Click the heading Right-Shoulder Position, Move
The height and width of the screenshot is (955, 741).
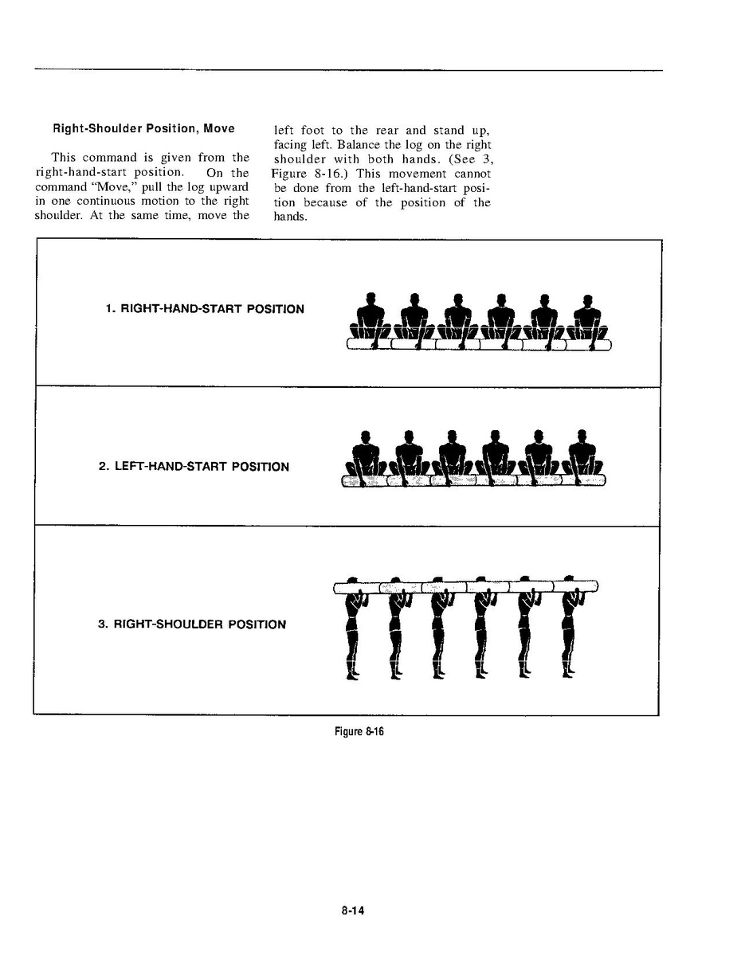click(143, 128)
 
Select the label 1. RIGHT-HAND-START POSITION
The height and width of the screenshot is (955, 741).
click(205, 308)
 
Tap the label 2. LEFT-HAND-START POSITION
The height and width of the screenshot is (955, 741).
click(194, 466)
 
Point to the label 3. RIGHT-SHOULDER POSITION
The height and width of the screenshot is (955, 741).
click(191, 624)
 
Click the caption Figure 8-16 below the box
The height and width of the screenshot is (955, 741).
click(359, 732)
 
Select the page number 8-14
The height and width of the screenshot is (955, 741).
click(351, 911)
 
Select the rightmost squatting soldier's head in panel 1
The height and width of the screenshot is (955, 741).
click(587, 300)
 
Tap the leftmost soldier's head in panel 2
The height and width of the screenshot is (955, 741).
click(364, 436)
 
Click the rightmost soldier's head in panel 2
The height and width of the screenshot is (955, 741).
click(582, 436)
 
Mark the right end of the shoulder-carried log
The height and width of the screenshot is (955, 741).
click(595, 588)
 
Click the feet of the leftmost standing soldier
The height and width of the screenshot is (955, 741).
click(351, 675)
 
